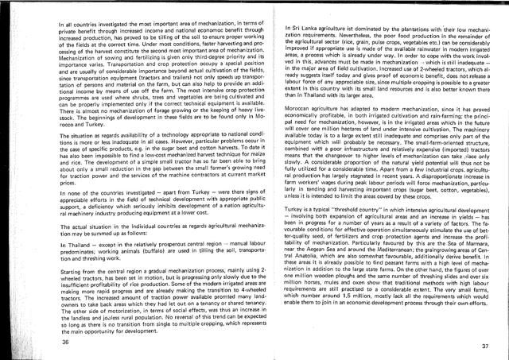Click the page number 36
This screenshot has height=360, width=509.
click(64, 341)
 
